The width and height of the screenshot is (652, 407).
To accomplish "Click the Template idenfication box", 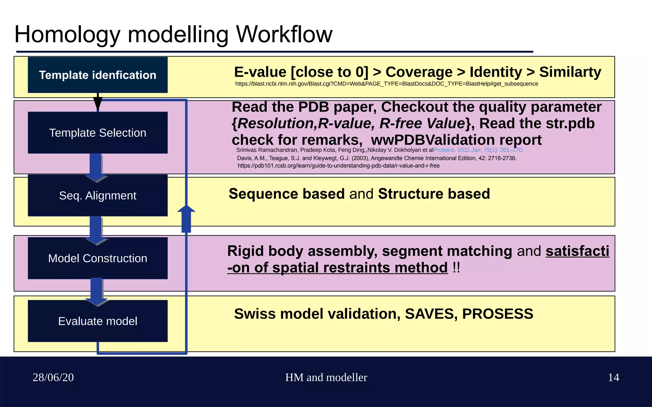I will tap(97, 75).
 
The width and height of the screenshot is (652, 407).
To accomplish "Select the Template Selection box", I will tap(97, 133).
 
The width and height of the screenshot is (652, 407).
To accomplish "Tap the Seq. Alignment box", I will tap(97, 195).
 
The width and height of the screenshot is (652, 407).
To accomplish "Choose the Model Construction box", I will tap(97, 258).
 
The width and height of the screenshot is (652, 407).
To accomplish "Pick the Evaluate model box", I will tap(97, 321).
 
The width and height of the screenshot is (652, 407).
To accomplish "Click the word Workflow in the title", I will tap(284, 34).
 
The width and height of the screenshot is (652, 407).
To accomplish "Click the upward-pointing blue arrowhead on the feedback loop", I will tap(186, 209).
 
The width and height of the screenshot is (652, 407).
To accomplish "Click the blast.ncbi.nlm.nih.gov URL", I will tap(386, 84).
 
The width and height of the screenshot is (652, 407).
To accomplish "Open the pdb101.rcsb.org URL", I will tap(338, 166).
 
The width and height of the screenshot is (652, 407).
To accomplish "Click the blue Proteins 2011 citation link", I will tap(478, 150).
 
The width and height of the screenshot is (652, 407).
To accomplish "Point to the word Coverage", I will tap(419, 72).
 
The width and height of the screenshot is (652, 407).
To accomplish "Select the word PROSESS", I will tap(497, 314).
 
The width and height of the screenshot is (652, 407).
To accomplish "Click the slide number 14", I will tap(613, 377).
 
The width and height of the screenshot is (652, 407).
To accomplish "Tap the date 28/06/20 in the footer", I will tap(53, 377).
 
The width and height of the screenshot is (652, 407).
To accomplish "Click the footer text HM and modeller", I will tap(326, 377).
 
